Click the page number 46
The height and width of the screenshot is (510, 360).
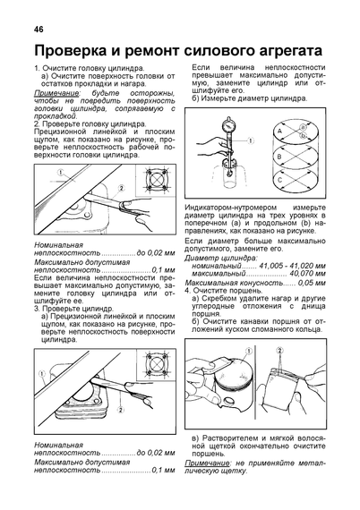point(39,30)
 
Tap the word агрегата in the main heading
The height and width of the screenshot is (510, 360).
point(284,51)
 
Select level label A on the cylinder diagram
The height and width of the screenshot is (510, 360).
point(279,131)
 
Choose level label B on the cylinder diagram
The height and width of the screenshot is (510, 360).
point(279,157)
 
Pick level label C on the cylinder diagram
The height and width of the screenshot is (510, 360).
point(279,180)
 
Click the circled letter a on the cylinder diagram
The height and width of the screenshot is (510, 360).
point(303,127)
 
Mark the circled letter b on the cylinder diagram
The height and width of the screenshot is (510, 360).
point(303,135)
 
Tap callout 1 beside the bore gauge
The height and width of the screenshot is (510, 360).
point(251,140)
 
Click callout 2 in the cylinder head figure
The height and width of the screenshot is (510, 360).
point(121,188)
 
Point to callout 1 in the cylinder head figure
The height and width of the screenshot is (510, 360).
point(61,171)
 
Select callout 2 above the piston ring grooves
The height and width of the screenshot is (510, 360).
point(279,351)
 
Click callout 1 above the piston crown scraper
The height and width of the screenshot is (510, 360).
point(248,351)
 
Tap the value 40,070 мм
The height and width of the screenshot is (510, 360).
point(307,273)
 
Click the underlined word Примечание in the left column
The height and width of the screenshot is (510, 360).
point(56,93)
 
